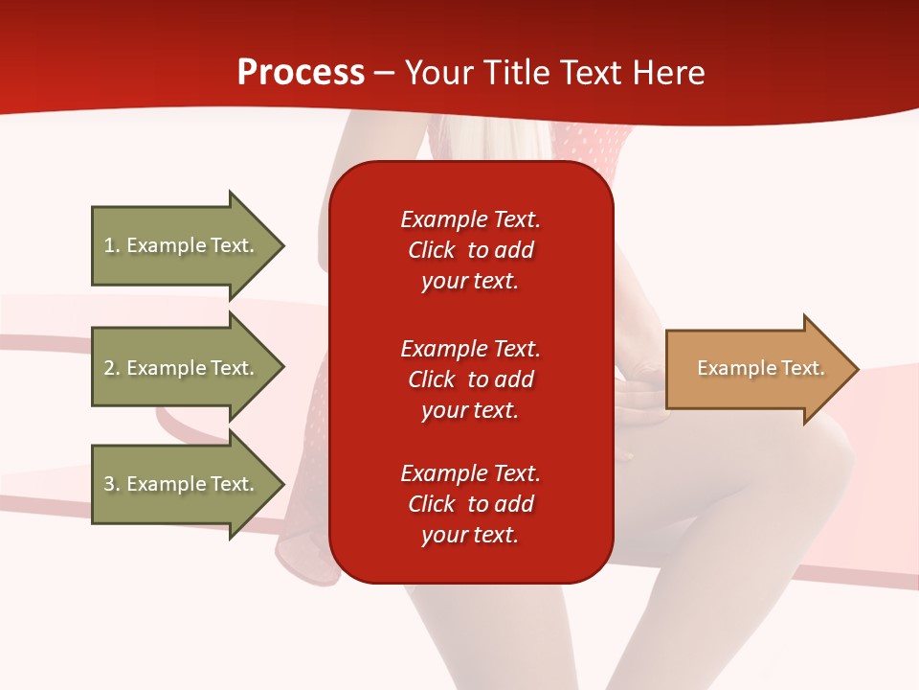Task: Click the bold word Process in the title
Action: tap(301, 73)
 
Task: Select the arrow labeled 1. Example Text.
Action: tap(182, 245)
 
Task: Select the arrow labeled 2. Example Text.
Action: tap(182, 368)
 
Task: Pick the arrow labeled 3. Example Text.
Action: tap(182, 484)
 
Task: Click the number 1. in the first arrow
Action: tap(112, 245)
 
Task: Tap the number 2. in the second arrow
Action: tap(112, 368)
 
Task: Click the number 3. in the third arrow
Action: tap(112, 484)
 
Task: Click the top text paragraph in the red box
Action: tap(470, 250)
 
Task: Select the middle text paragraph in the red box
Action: tap(470, 379)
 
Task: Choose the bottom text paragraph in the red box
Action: tap(470, 504)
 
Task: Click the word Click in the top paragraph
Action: tap(432, 250)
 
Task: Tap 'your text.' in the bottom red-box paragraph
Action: tap(470, 535)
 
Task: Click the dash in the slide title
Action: tap(384, 74)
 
